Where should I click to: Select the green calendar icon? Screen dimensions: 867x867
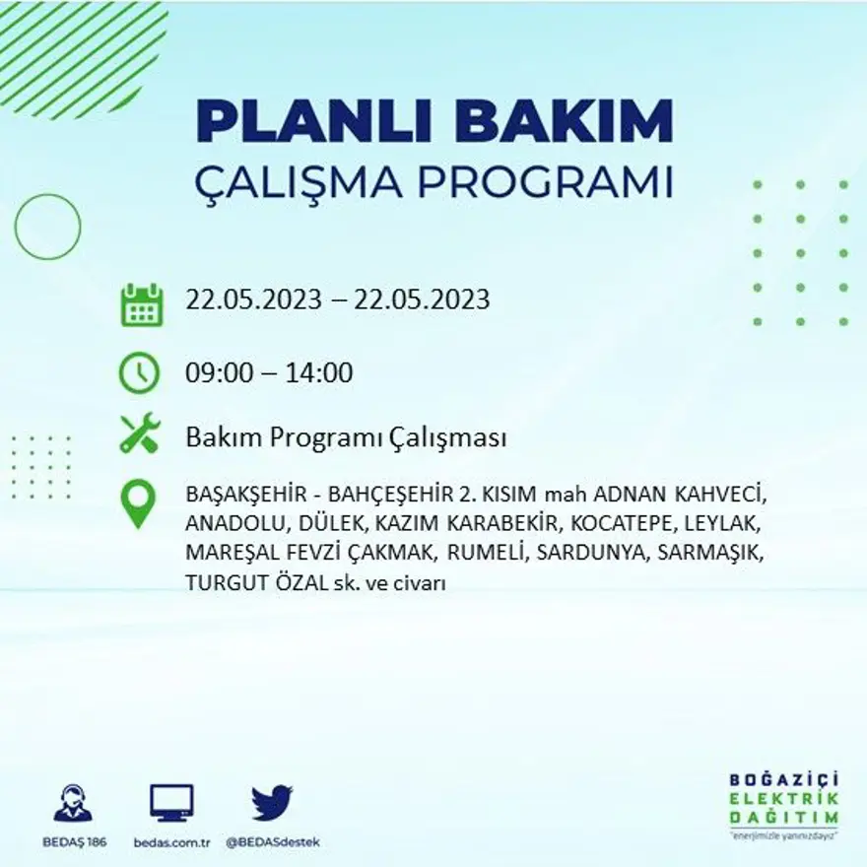141,304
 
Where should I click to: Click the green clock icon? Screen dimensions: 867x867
139,372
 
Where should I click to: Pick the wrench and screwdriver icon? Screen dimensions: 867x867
139,434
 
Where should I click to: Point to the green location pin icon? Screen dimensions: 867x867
138,502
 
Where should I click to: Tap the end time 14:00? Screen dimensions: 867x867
318,373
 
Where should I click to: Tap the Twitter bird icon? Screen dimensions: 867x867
272,803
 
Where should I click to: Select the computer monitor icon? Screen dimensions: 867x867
171,803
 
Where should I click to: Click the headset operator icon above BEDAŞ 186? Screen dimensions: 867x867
73,803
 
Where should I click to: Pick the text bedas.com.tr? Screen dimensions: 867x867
171,843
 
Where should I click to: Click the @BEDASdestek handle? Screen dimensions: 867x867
273,843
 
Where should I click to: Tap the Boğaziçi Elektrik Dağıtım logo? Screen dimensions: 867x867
784,803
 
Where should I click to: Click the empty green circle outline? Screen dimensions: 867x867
47,227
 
